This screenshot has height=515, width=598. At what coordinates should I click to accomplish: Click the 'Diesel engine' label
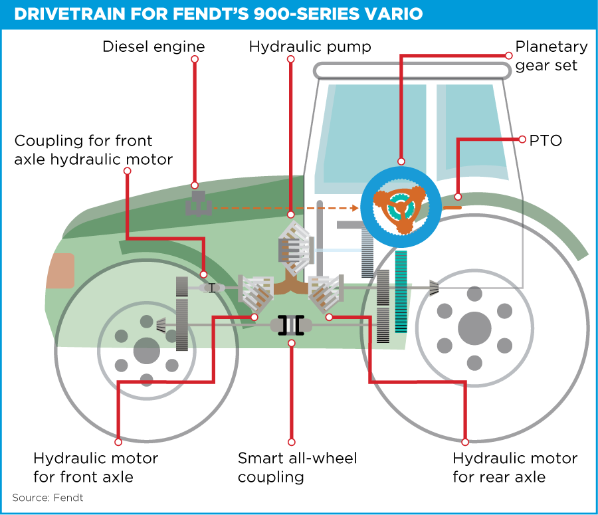click(x=153, y=47)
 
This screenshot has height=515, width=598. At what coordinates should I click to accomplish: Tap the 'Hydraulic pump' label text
click(x=310, y=47)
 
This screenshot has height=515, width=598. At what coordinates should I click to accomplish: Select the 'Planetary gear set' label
click(x=551, y=56)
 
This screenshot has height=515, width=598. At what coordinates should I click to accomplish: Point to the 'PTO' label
click(x=545, y=140)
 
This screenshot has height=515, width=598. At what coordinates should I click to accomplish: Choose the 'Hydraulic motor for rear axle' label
click(x=514, y=467)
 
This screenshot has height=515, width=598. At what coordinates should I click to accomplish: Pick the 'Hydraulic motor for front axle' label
click(x=96, y=467)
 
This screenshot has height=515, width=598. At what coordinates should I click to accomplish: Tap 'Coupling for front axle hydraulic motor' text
click(x=93, y=150)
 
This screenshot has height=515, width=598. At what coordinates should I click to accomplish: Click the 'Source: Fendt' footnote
click(x=48, y=498)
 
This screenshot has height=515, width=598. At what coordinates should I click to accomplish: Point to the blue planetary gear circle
click(x=401, y=207)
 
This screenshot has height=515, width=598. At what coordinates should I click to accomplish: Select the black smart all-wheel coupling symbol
click(x=291, y=325)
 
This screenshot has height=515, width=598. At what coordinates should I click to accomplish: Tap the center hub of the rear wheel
click(x=474, y=327)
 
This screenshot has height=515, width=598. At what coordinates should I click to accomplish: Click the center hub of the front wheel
click(x=146, y=350)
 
